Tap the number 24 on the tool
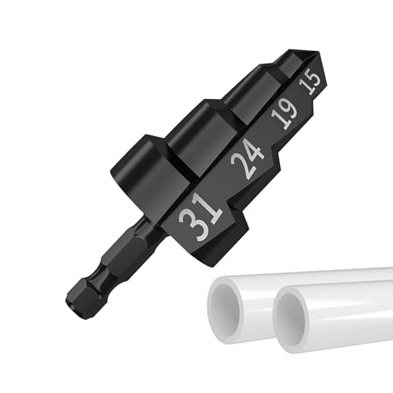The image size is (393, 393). click(248, 157)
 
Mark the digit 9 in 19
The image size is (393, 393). click(291, 109)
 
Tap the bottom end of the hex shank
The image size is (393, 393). click(72, 303)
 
